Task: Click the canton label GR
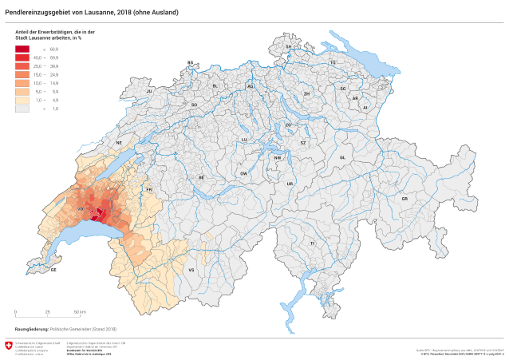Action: (x=404, y=198)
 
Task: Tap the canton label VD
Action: (x=80, y=210)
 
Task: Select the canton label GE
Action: (x=53, y=270)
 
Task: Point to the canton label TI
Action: (x=313, y=243)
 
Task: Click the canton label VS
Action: (x=191, y=271)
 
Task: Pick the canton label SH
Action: (x=289, y=47)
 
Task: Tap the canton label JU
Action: (x=148, y=92)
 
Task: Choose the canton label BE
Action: (x=202, y=177)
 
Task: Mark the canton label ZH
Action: (x=306, y=94)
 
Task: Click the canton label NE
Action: (x=120, y=143)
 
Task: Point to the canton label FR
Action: (x=148, y=189)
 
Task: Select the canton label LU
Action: (x=244, y=140)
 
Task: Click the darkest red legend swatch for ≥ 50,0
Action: (x=22, y=49)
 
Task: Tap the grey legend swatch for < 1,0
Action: (x=22, y=108)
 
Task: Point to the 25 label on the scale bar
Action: (x=47, y=311)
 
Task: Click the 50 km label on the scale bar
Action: (x=80, y=311)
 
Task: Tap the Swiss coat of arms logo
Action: (x=9, y=346)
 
